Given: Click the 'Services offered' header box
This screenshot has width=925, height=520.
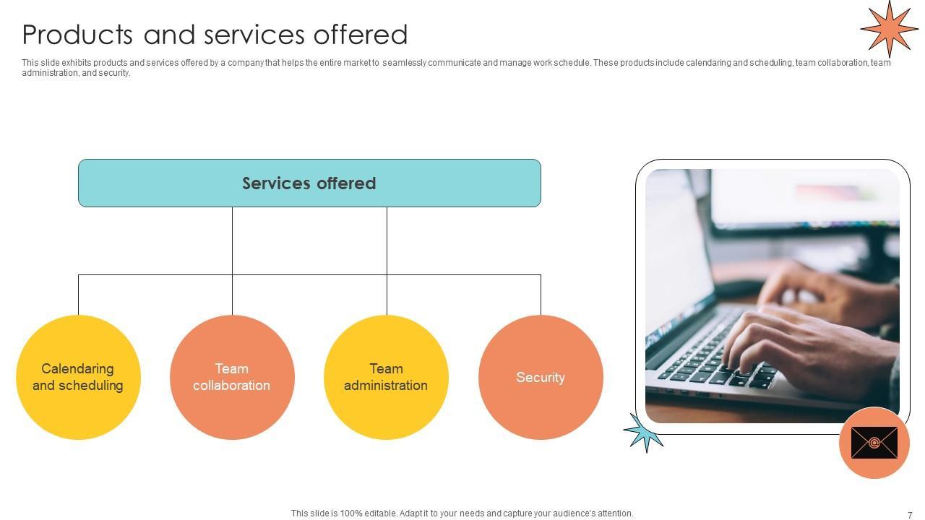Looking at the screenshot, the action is (x=309, y=183).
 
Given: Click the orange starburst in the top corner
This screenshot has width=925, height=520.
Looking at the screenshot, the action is (x=889, y=28).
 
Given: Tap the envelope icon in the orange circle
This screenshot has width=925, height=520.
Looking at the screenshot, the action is (x=874, y=443).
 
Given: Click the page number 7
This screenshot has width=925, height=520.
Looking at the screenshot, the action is (x=910, y=515).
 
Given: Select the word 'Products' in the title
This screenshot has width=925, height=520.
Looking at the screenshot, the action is (x=78, y=35).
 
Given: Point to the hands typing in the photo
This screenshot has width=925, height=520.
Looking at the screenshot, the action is (x=802, y=325).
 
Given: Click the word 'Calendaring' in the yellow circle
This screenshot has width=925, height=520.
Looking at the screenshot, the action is (x=77, y=369).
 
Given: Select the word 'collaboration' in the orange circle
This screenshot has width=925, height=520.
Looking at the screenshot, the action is (x=231, y=386).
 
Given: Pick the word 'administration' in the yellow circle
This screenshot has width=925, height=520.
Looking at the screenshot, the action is (x=385, y=386).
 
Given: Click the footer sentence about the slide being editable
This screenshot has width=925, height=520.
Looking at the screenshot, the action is (x=462, y=513).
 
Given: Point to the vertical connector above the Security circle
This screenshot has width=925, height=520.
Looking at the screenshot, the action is (x=541, y=295).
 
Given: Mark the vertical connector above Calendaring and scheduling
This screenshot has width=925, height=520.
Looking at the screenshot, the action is (x=78, y=295).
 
